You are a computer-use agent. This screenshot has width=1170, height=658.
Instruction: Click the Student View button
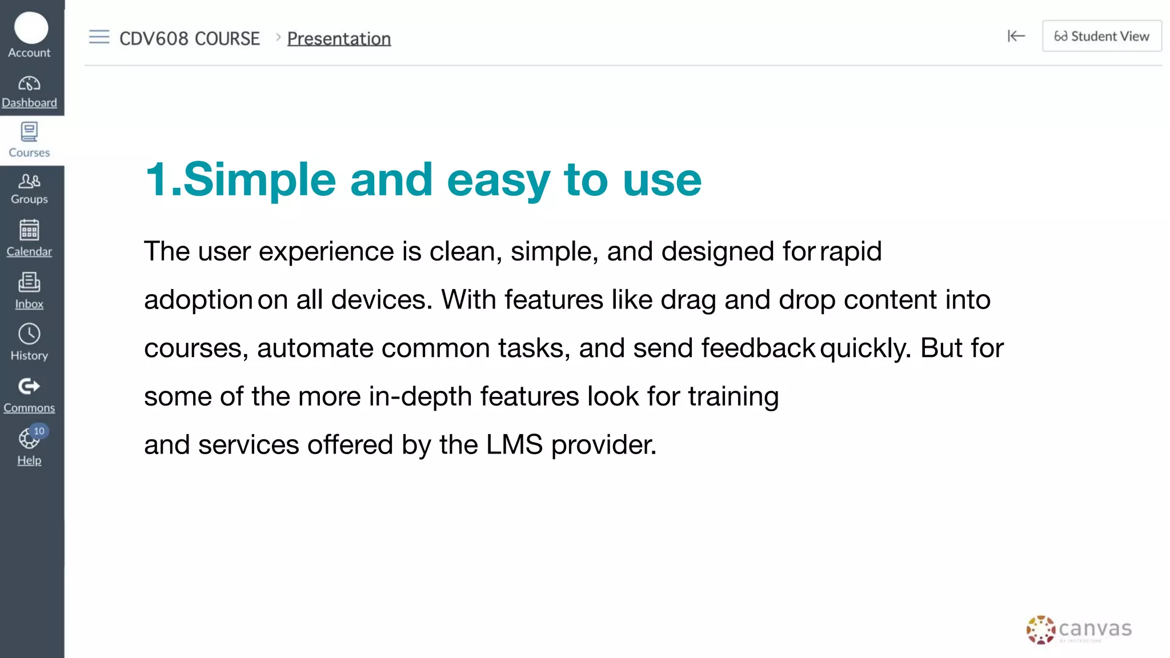[1101, 36]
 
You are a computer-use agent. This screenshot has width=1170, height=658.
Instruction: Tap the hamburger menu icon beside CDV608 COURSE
[99, 37]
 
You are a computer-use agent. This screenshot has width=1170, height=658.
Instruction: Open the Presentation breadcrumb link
[339, 39]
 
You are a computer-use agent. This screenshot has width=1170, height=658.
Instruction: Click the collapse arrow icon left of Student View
[1016, 36]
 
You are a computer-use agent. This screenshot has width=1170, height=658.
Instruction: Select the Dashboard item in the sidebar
[29, 91]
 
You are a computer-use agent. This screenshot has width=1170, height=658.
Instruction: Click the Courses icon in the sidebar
[29, 133]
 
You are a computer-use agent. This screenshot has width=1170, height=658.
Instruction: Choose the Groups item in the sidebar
[29, 188]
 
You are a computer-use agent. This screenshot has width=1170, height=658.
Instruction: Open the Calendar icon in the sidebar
[29, 231]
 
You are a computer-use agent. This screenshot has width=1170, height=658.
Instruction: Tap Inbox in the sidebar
[29, 290]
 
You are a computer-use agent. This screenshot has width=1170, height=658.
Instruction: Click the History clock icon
[29, 334]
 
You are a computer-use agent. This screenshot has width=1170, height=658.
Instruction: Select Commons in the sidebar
[29, 394]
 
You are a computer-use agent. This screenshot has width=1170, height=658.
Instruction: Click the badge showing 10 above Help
[39, 431]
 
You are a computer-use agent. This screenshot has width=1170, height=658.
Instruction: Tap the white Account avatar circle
[31, 27]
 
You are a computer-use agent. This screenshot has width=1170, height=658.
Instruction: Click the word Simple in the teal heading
[259, 179]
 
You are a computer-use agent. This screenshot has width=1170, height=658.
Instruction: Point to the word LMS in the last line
[514, 444]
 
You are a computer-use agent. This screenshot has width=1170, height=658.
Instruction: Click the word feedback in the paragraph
[758, 348]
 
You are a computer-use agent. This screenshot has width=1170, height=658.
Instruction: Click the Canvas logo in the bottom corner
[1079, 629]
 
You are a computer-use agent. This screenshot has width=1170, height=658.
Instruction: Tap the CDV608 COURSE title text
[189, 39]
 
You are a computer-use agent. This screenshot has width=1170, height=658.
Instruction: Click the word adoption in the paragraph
[198, 300]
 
